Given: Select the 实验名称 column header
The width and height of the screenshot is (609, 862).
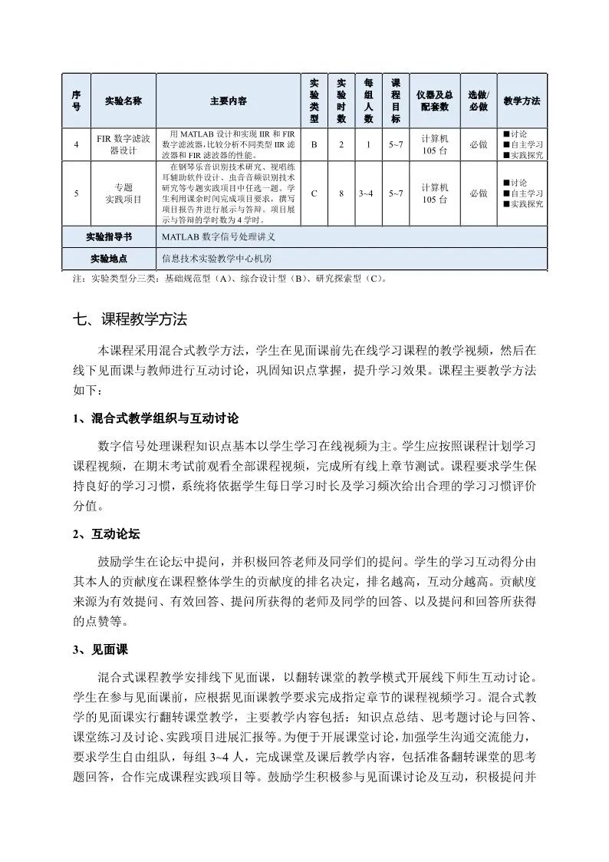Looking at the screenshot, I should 123,101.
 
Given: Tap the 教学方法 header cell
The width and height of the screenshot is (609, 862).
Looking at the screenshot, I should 522,101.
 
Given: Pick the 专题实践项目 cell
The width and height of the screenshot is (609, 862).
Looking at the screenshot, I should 123,193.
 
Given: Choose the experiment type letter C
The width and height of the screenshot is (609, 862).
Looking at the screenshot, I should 314,193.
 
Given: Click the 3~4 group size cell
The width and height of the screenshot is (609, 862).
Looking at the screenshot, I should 366,193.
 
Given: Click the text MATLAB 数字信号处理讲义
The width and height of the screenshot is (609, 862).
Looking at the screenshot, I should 219,237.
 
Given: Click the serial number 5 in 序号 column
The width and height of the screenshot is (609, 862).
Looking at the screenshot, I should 76,193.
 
